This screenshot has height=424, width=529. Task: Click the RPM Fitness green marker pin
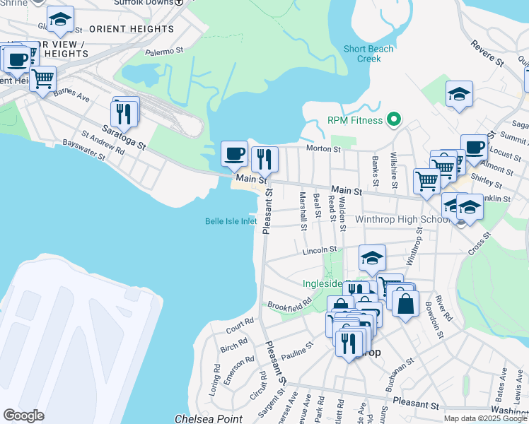(395, 120)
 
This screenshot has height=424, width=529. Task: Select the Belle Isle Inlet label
(231, 221)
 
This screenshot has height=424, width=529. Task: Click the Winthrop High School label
(403, 219)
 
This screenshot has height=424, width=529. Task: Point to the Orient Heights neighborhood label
(131, 29)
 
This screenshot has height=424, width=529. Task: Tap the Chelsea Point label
(209, 418)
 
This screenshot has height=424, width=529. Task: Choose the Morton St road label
(323, 149)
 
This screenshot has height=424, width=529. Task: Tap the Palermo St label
(164, 51)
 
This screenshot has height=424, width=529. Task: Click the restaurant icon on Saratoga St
(125, 112)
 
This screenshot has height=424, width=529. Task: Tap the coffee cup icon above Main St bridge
(234, 153)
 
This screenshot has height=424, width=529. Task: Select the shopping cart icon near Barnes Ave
(42, 78)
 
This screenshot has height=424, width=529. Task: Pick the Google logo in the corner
(23, 416)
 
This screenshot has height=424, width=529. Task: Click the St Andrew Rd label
(103, 141)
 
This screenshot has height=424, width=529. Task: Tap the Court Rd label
(240, 326)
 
